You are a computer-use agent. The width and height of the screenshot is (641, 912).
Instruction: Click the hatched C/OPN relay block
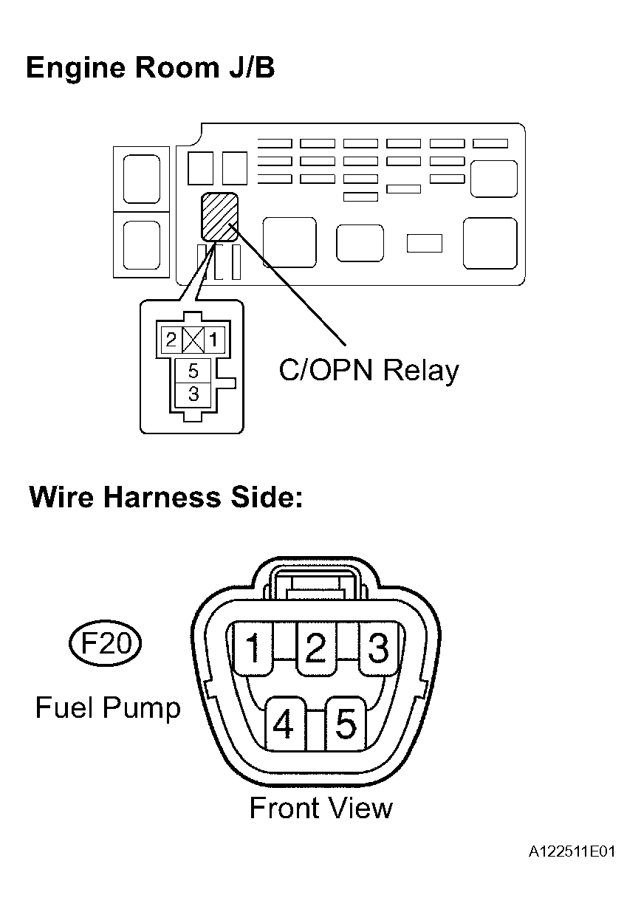coord(219,216)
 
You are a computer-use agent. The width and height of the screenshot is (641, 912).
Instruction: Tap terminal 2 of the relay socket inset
coord(171,340)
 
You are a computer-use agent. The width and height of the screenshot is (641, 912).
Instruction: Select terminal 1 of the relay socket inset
coord(214,340)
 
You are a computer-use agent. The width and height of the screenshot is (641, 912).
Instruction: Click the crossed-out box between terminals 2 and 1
coord(193,340)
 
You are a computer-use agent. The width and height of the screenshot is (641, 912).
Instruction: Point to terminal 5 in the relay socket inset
coord(193,371)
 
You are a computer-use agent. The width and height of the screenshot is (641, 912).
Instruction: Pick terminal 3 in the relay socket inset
coord(193,394)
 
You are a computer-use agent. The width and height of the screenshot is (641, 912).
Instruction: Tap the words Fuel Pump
coord(108,708)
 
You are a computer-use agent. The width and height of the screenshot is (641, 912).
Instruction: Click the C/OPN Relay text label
coord(369,371)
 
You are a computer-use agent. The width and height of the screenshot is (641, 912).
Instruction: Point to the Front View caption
coord(321,808)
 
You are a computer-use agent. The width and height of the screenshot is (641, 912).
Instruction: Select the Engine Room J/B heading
coord(150,68)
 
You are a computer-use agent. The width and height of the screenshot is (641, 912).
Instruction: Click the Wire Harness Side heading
coord(166,498)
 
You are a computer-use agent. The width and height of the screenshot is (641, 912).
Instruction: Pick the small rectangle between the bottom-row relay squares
coord(425,243)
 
